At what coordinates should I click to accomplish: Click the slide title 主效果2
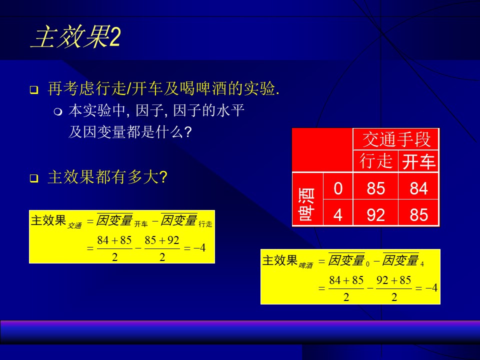(76, 36)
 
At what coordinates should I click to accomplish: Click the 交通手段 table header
(396, 139)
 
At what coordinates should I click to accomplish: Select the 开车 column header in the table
(418, 161)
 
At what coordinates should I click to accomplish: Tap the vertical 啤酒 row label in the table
(306, 204)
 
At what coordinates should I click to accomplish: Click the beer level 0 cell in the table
(338, 188)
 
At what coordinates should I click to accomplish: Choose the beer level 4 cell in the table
(338, 214)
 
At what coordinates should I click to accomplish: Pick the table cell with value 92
(375, 214)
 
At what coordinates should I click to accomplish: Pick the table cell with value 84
(418, 188)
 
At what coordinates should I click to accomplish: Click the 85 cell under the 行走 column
(375, 188)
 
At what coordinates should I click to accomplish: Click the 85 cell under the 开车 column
(418, 214)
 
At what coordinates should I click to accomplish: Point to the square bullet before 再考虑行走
(34, 90)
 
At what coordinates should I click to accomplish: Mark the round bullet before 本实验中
(58, 111)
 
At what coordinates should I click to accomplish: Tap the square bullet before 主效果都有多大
(34, 178)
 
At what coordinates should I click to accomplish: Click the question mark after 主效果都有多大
(163, 177)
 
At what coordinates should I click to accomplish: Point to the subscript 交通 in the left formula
(74, 225)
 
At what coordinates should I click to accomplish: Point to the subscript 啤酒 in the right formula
(306, 265)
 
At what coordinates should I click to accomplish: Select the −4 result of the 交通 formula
(199, 247)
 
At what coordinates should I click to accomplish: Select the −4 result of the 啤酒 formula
(431, 287)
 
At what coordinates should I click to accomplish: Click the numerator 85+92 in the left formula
(162, 240)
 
